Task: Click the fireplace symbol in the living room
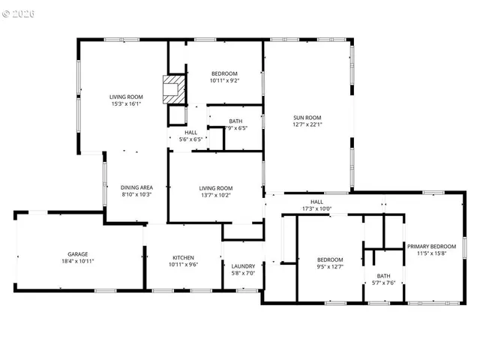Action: click(173, 88)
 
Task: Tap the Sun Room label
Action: click(307, 117)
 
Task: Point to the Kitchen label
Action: click(182, 257)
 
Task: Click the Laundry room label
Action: click(243, 266)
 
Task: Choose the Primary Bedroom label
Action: click(431, 246)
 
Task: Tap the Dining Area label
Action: click(136, 187)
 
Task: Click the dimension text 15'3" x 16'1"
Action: click(125, 104)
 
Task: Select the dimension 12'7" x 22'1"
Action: click(307, 125)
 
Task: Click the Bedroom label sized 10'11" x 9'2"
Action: click(224, 73)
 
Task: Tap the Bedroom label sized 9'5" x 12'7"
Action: click(330, 259)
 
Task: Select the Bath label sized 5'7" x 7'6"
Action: click(383, 275)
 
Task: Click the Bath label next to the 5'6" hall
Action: click(235, 121)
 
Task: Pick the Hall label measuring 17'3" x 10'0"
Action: click(316, 201)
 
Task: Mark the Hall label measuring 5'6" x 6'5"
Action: click(191, 132)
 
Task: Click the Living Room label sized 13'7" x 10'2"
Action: click(215, 188)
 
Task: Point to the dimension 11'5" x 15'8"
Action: click(431, 253)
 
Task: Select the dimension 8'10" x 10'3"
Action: click(136, 195)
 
